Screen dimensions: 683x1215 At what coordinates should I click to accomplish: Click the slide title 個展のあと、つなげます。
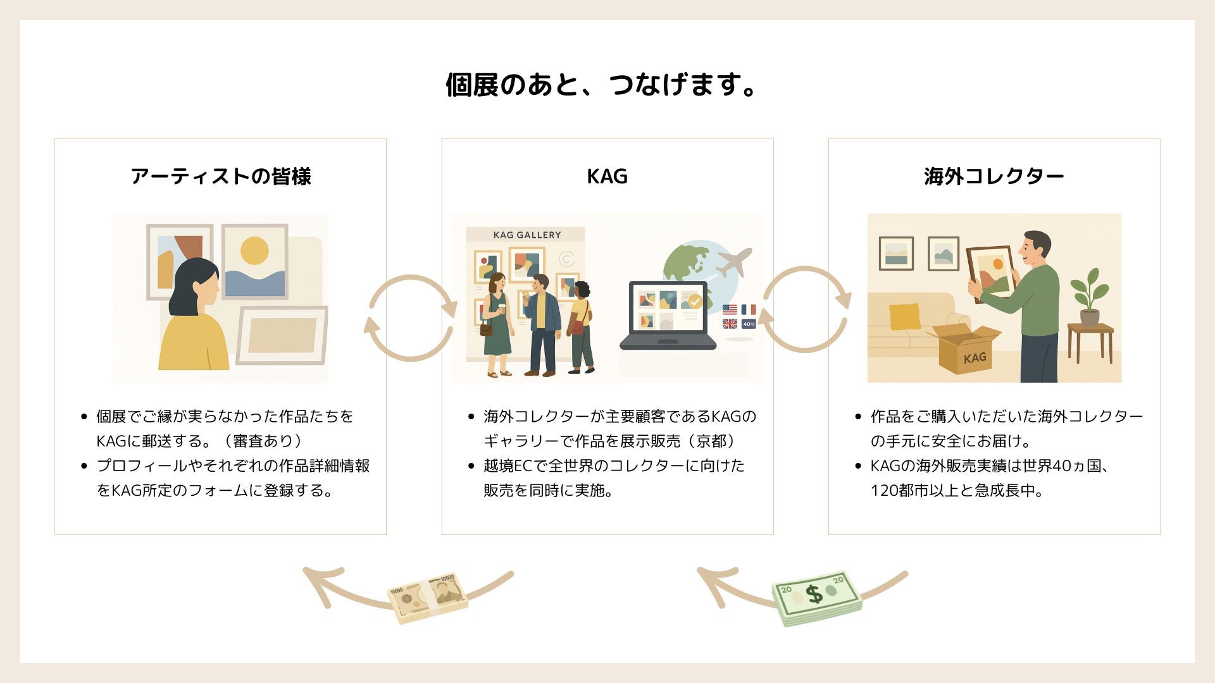(x=601, y=85)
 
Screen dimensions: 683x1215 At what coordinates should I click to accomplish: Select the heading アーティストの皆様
(x=220, y=176)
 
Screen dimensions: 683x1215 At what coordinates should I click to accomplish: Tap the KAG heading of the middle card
(x=607, y=176)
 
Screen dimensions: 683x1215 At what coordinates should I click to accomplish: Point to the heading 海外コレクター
(x=994, y=176)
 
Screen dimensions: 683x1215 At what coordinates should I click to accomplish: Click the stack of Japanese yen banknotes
(x=428, y=597)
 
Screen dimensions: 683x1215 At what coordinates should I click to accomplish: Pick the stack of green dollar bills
(x=817, y=598)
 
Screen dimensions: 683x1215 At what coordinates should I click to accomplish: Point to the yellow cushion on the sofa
(x=904, y=316)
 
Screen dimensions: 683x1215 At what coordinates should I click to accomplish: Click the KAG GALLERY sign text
(x=526, y=235)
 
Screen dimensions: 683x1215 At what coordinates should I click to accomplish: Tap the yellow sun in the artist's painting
(x=254, y=250)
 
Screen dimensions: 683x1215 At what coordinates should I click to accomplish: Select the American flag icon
(x=730, y=310)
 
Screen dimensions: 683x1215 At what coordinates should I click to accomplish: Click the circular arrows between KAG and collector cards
(x=804, y=309)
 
